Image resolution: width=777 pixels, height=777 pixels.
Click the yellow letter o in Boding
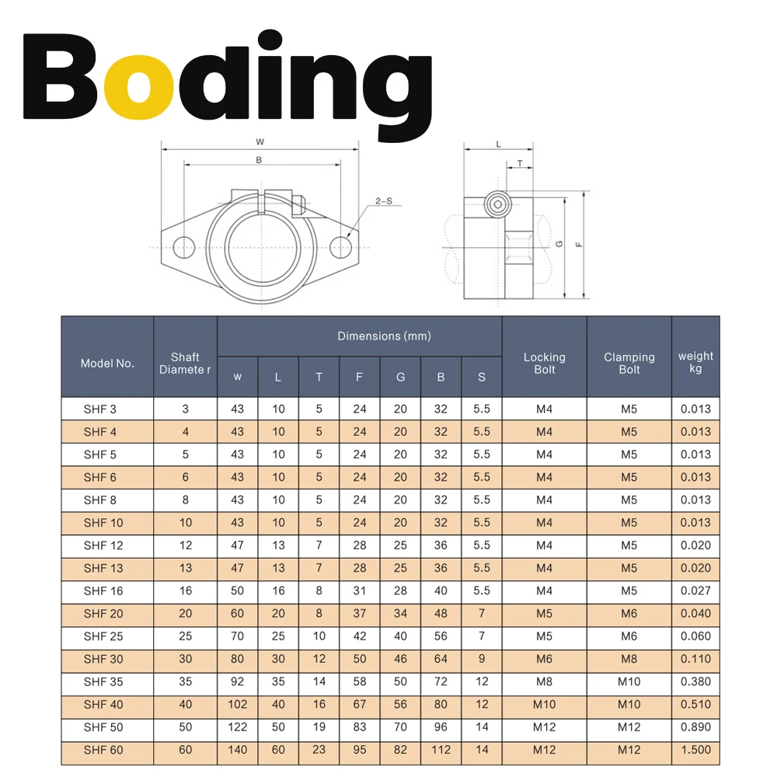point(139,84)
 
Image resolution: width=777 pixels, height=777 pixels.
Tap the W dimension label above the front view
point(260,142)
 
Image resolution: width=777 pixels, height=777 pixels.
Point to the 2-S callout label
point(384,200)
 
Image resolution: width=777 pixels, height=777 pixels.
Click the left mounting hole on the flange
point(184,247)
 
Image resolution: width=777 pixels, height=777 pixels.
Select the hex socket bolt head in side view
point(497,204)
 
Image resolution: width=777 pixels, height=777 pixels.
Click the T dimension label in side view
point(520,163)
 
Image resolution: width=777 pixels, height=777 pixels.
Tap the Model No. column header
point(107,363)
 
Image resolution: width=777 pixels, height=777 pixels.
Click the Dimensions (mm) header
point(384,336)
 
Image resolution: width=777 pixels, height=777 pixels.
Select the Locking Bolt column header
point(545,363)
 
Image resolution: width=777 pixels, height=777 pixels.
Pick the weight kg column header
point(695,362)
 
